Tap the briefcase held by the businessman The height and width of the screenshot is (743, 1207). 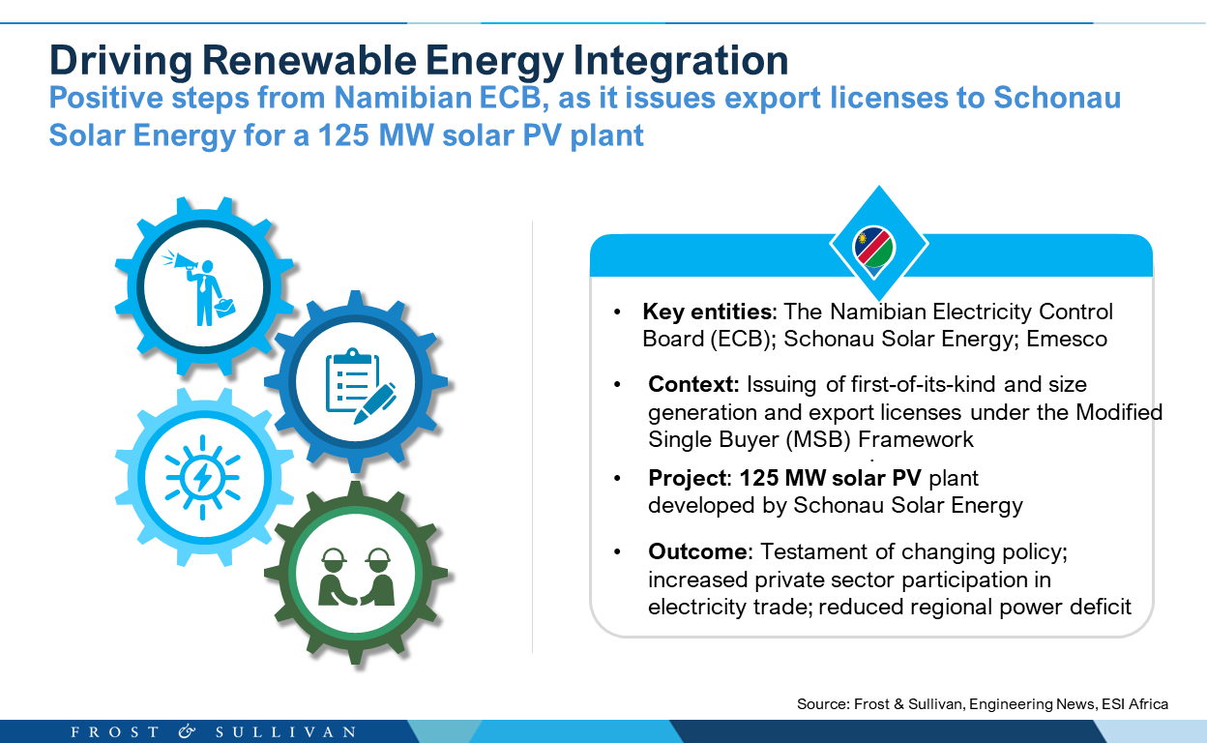click(x=224, y=308)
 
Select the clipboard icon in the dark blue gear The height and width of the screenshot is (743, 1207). click(x=352, y=380)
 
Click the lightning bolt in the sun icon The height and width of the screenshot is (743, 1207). click(x=202, y=477)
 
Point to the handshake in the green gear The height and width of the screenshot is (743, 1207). click(x=350, y=598)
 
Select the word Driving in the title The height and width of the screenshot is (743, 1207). click(x=121, y=60)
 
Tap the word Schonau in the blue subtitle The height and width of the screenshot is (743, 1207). click(x=1057, y=98)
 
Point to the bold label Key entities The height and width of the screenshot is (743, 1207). click(x=708, y=312)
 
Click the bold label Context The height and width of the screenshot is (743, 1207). click(x=692, y=384)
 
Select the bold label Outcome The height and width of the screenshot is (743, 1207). click(x=697, y=551)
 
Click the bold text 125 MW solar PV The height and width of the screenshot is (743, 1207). click(x=831, y=478)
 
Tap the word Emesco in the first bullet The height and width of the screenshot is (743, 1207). click(x=1067, y=340)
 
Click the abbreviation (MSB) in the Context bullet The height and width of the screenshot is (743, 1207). click(x=818, y=439)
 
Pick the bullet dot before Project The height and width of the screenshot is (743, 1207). click(x=617, y=478)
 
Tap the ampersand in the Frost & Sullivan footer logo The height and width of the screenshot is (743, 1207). click(x=187, y=731)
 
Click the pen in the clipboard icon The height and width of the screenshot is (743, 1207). click(x=374, y=403)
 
